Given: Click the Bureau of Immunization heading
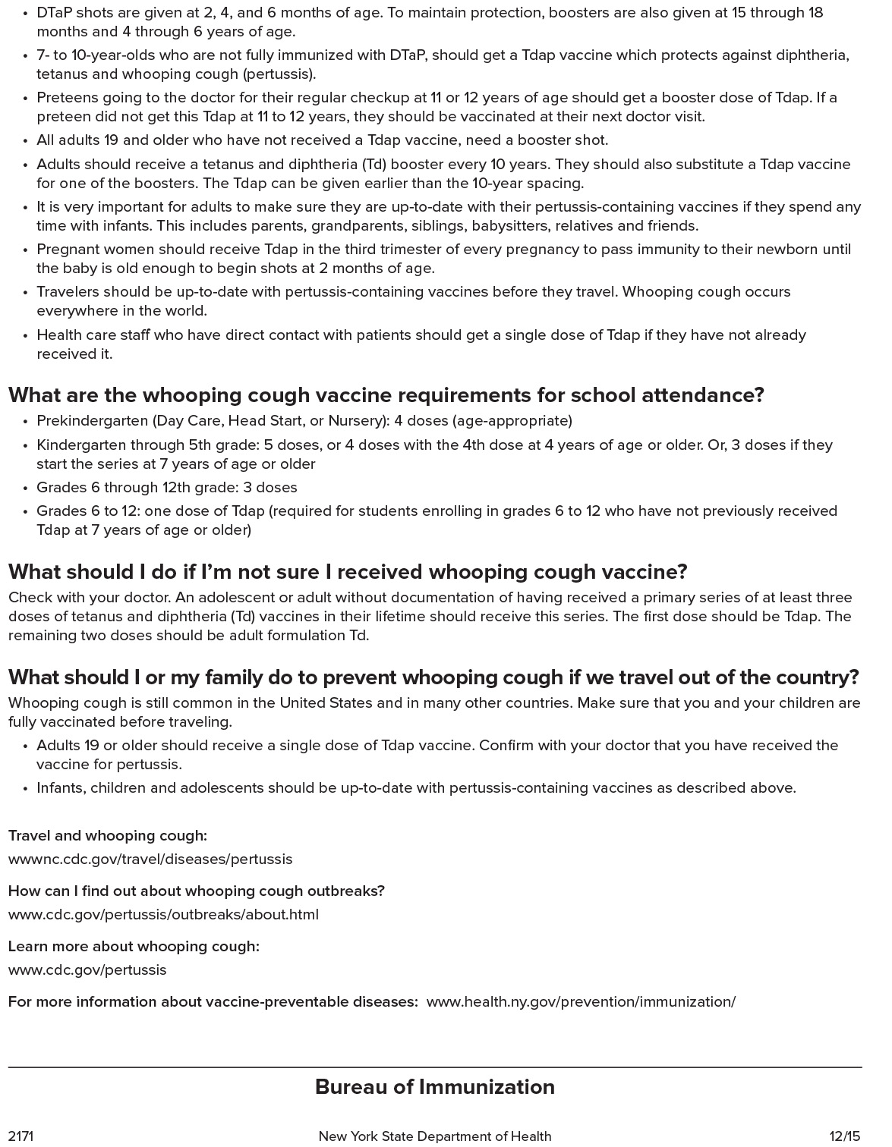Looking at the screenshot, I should [x=434, y=1087].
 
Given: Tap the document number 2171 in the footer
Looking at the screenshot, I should [x=21, y=1136].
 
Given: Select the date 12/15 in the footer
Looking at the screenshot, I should [x=845, y=1136].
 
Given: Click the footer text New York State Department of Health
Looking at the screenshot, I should [x=434, y=1136].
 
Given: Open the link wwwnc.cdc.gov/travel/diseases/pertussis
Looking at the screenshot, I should [x=150, y=859].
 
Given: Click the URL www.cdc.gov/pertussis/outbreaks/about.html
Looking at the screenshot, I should [x=163, y=914].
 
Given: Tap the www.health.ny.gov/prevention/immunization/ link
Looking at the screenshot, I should [x=581, y=1001].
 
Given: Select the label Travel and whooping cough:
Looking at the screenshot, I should [x=108, y=835].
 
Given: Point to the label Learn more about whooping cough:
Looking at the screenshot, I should [x=134, y=946].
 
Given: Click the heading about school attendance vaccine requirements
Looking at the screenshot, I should [x=386, y=395].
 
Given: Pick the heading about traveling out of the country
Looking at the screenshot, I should [x=433, y=677].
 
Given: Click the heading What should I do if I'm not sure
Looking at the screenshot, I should [x=348, y=571].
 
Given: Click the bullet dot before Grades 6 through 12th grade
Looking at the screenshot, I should [x=26, y=488].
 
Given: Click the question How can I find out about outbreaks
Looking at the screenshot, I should [x=197, y=891].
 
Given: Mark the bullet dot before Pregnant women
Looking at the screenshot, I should [x=26, y=250].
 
